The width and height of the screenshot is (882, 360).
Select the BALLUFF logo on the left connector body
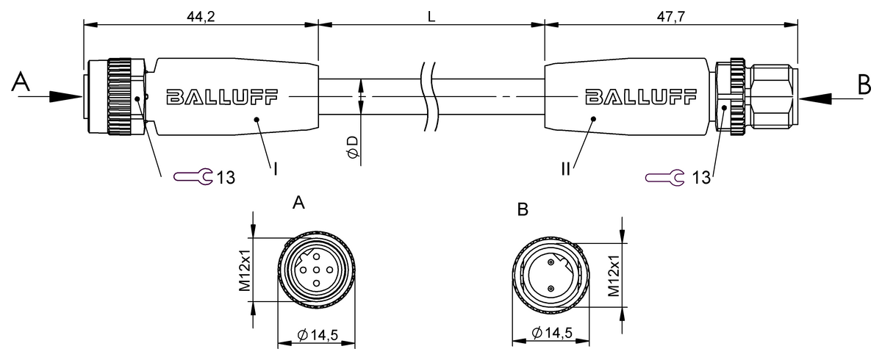pyautogui.click(x=222, y=96)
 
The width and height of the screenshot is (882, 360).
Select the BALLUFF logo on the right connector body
pyautogui.click(x=640, y=96)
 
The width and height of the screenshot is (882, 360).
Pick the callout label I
pyautogui.click(x=275, y=169)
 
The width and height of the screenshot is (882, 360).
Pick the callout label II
pyautogui.click(x=566, y=169)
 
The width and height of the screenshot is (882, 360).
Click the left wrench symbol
pyautogui.click(x=193, y=176)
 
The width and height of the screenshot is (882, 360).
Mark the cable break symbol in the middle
pyautogui.click(x=428, y=96)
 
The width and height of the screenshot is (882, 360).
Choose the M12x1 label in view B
pyautogui.click(x=617, y=275)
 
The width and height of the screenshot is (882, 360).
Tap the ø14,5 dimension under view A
pyautogui.click(x=317, y=335)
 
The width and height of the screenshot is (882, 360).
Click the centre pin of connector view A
pyautogui.click(x=317, y=270)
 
